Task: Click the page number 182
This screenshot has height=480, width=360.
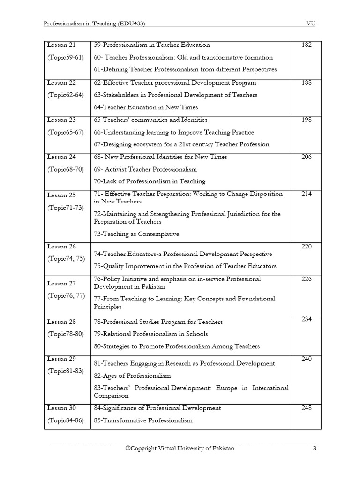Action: [307, 45]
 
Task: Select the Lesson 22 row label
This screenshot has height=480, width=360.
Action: [61, 82]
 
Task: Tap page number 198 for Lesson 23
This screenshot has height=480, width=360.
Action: [307, 120]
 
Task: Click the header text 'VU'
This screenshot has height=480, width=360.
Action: [310, 23]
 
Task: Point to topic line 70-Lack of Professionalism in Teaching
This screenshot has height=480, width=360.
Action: [150, 181]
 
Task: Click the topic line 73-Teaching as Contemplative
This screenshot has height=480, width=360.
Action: [136, 234]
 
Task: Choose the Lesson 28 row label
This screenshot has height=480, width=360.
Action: [61, 322]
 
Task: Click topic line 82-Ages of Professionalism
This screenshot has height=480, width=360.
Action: [132, 375]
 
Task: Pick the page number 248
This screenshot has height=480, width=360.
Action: [307, 408]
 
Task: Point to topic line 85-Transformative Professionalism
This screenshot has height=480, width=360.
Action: [143, 420]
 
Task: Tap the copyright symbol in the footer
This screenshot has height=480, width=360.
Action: [127, 448]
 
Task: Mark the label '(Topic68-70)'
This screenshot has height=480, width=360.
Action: [65, 169]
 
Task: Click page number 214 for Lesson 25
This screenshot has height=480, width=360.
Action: [307, 194]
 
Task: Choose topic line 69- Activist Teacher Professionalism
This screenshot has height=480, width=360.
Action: [145, 169]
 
